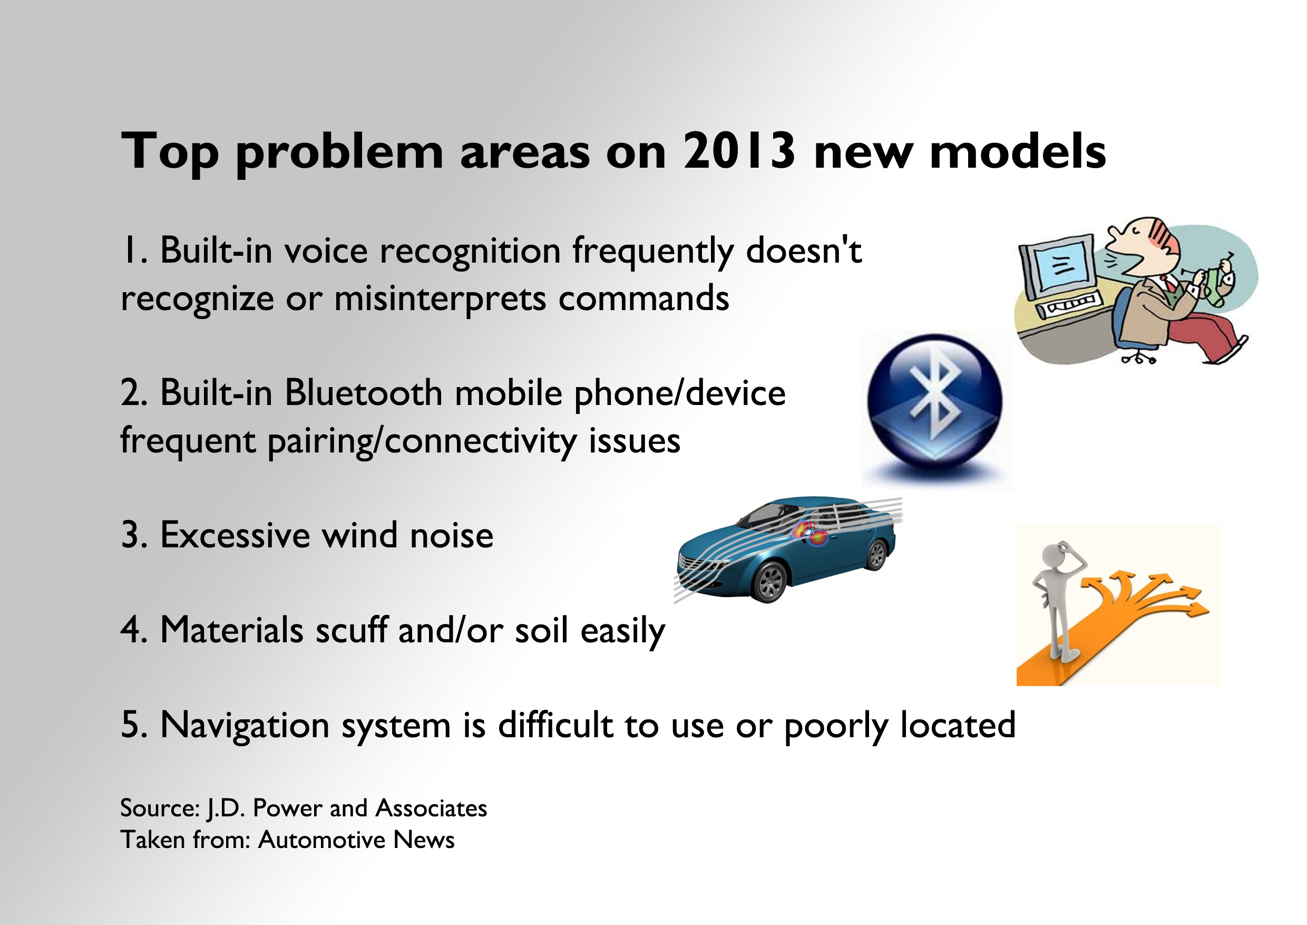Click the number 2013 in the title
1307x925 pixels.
(738, 150)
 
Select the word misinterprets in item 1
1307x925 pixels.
(441, 298)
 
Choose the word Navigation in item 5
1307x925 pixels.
(246, 725)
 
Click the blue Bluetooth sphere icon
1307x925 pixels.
(935, 401)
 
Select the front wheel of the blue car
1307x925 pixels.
(769, 582)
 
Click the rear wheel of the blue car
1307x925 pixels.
(877, 554)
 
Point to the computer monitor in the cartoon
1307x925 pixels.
(1058, 267)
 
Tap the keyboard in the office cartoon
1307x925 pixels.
(1070, 305)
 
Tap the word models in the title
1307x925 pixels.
(1018, 150)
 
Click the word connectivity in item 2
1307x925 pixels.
(481, 440)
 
